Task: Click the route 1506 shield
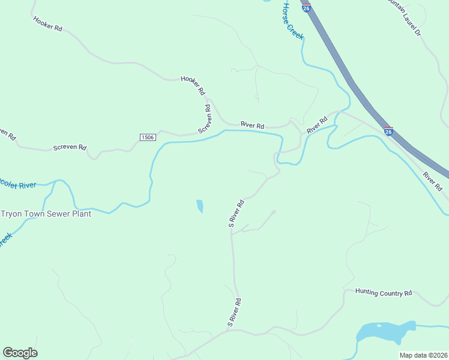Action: pyautogui.click(x=148, y=137)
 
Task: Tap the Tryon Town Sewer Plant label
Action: pyautogui.click(x=46, y=214)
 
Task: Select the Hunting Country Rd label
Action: pyautogui.click(x=384, y=293)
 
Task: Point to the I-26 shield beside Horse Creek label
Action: pyautogui.click(x=306, y=8)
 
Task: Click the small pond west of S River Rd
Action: pyautogui.click(x=199, y=206)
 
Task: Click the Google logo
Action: pyautogui.click(x=20, y=353)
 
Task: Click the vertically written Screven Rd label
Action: pyautogui.click(x=204, y=119)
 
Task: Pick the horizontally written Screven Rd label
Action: pyautogui.click(x=70, y=147)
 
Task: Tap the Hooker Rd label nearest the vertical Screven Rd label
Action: pyautogui.click(x=193, y=86)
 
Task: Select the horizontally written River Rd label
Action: pyautogui.click(x=252, y=125)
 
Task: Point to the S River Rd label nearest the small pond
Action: pyautogui.click(x=236, y=213)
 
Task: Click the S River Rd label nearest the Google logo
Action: pyautogui.click(x=234, y=313)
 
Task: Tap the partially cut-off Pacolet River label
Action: pyautogui.click(x=18, y=185)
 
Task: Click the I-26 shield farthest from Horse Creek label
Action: pyautogui.click(x=388, y=131)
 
